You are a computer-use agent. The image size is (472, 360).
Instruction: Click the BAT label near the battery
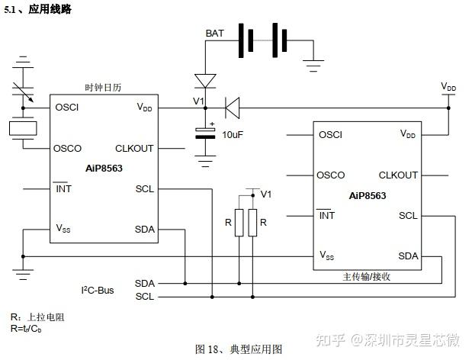pos(214,34)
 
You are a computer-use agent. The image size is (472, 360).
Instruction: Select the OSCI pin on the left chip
pos(67,108)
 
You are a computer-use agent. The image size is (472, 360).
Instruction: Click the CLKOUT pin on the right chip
pos(398,175)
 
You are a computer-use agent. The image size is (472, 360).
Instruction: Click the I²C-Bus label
pos(98,290)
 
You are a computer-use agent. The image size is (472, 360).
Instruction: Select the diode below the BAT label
pos(205,80)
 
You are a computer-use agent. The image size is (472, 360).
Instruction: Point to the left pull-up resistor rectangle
pos(239,223)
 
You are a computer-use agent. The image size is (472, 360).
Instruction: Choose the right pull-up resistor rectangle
pos(252,223)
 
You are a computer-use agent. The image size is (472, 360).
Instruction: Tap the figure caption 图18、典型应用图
pos(239,349)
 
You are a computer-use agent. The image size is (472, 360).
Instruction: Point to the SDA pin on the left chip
pos(145,229)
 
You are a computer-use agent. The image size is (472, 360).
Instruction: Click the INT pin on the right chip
pos(326,216)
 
